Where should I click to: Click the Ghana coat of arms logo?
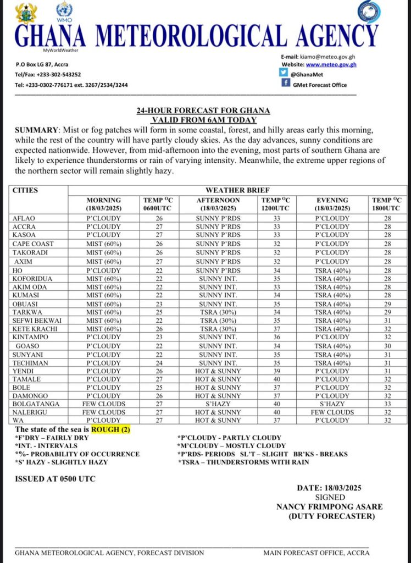pyautogui.click(x=26, y=13)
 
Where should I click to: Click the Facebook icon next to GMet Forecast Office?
pyautogui.click(x=285, y=83)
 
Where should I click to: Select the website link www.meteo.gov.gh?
pyautogui.click(x=331, y=64)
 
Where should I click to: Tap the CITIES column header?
pyautogui.click(x=25, y=190)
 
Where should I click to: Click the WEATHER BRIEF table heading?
pyautogui.click(x=236, y=190)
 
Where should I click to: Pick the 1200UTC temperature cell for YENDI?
pyautogui.click(x=276, y=372)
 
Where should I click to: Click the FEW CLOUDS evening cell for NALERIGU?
pyautogui.click(x=332, y=412)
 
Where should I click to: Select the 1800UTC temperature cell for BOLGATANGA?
pyautogui.click(x=387, y=404)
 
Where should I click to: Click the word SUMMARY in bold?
pyautogui.click(x=36, y=130)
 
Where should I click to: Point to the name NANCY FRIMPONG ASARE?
pyautogui.click(x=329, y=506)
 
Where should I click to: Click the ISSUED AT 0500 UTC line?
pyautogui.click(x=55, y=478)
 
